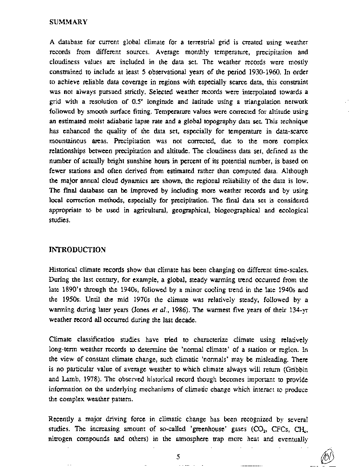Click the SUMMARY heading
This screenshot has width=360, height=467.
[x=69, y=22]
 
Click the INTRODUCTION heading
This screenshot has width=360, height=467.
[x=77, y=250]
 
